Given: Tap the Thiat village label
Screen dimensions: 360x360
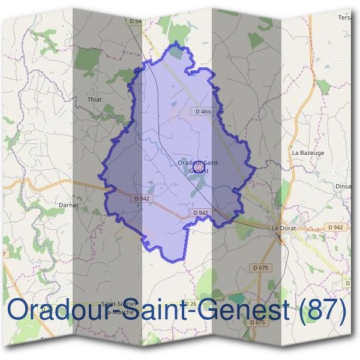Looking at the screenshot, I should (x=95, y=100).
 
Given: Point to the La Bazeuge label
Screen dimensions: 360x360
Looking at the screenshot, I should (x=307, y=153).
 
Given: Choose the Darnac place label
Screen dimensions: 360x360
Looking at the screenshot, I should (x=70, y=205).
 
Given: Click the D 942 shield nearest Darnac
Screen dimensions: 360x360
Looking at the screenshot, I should (x=142, y=199).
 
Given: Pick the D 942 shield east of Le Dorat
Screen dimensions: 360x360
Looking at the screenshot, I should (x=336, y=227).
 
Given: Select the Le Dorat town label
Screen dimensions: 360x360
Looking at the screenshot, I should (x=285, y=229).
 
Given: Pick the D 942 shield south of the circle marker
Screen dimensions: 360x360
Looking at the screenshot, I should (x=201, y=213).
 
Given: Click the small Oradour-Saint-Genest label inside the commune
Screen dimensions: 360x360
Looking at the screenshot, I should (x=199, y=167).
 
